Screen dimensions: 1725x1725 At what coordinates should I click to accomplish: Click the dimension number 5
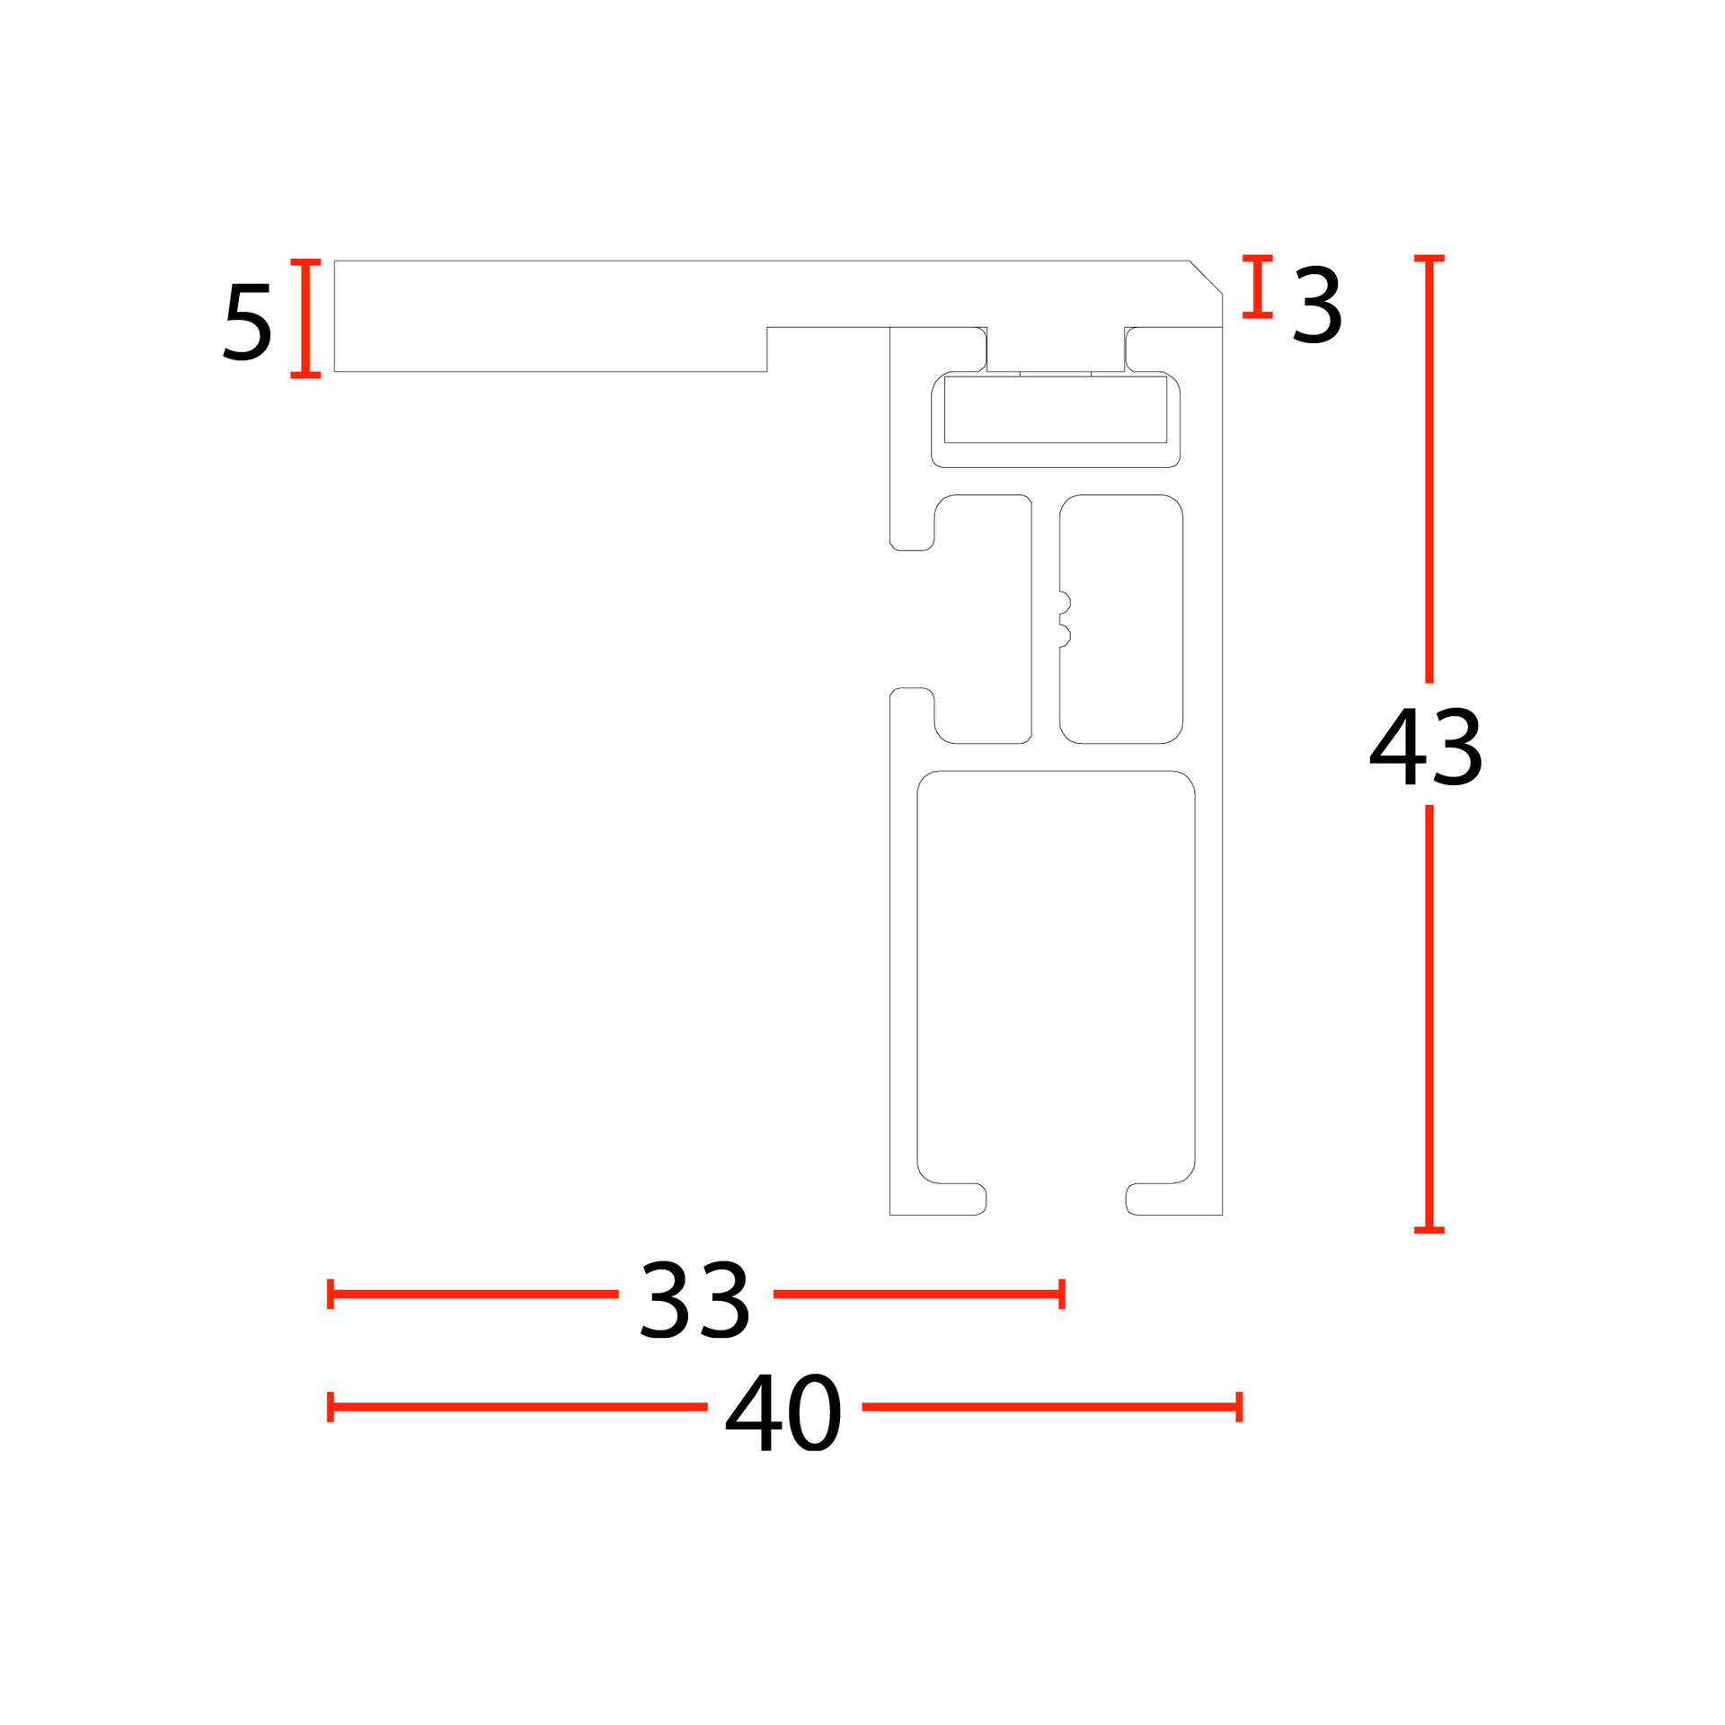click(247, 322)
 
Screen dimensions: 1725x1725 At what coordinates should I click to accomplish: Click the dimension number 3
click(1317, 305)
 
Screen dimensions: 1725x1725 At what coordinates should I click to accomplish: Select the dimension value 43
click(1426, 747)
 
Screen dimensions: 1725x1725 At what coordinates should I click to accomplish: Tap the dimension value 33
click(694, 1299)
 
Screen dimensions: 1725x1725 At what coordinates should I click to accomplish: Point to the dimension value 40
click(783, 1412)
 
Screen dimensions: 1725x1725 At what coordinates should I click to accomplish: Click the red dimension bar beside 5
click(305, 318)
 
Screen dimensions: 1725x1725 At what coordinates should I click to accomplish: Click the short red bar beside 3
click(1258, 287)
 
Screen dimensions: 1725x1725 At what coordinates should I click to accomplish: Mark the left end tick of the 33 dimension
click(331, 1294)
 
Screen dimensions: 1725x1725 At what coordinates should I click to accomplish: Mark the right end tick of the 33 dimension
click(1062, 1294)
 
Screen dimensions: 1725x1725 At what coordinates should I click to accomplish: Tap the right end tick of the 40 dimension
click(1239, 1407)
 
